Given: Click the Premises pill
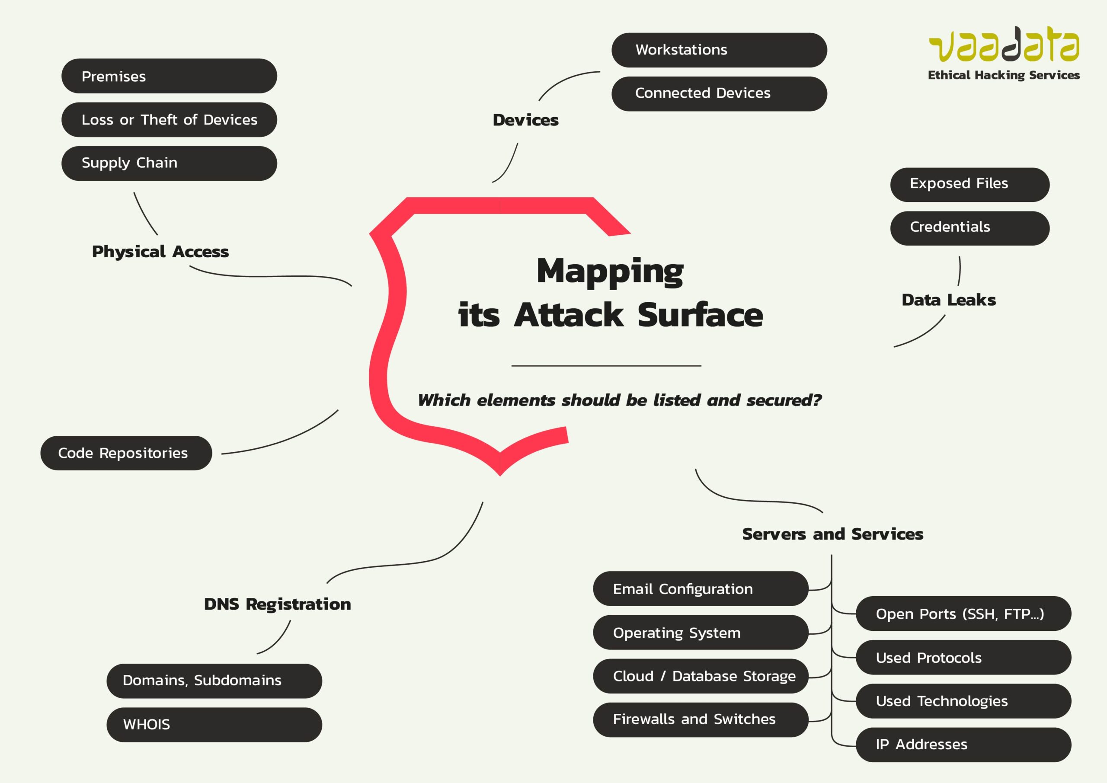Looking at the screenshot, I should pyautogui.click(x=169, y=76).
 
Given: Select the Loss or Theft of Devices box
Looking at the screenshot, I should pyautogui.click(x=169, y=120).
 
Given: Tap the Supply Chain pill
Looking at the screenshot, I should pyautogui.click(x=169, y=163).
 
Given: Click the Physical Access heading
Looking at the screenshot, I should pyautogui.click(x=160, y=252).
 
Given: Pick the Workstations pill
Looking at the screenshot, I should pyautogui.click(x=719, y=50).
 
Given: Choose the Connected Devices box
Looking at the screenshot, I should pyautogui.click(x=719, y=93).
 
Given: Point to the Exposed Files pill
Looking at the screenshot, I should pyautogui.click(x=969, y=184).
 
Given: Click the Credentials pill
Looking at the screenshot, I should pyautogui.click(x=969, y=228).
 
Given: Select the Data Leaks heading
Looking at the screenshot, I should pyautogui.click(x=948, y=300).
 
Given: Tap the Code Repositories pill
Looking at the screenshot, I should pyautogui.click(x=126, y=453).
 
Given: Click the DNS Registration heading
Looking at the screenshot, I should pyautogui.click(x=277, y=604).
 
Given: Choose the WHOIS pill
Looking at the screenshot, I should pyautogui.click(x=214, y=725).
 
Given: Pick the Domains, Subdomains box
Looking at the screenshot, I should pyautogui.click(x=214, y=681).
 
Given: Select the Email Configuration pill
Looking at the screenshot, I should pyautogui.click(x=700, y=589).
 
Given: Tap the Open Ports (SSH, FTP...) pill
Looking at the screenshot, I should pyautogui.click(x=963, y=614).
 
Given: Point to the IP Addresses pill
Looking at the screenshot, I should pyautogui.click(x=963, y=745).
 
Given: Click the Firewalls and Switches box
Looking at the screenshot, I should pyautogui.click(x=700, y=719).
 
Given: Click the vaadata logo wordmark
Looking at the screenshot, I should pyautogui.click(x=1004, y=45).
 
